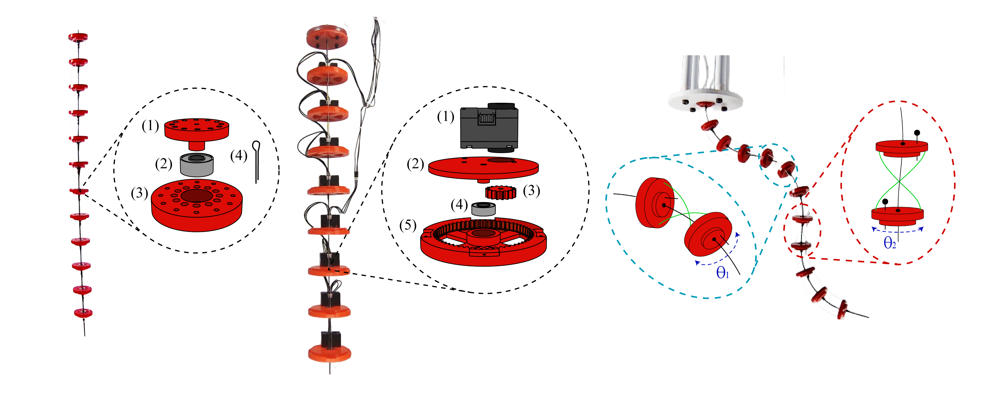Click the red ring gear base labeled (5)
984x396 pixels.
pos(483,244)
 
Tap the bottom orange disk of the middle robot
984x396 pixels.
pos(329,353)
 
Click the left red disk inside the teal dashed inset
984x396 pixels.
pos(653,202)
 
